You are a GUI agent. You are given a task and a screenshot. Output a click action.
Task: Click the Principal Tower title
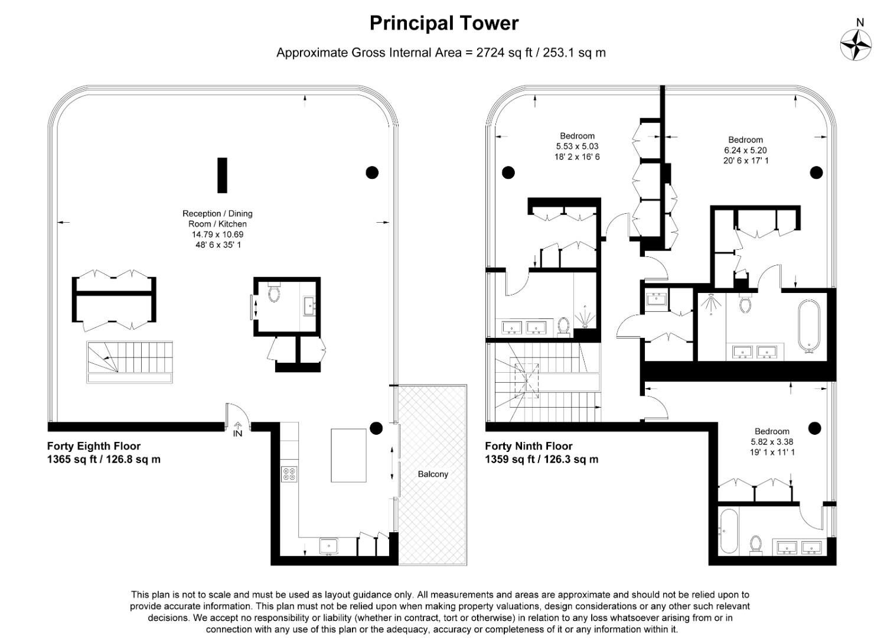pyautogui.click(x=443, y=23)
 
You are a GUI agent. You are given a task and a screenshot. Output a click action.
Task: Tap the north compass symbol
pyautogui.click(x=856, y=44)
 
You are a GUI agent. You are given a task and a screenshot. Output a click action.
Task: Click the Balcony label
pyautogui.click(x=433, y=474)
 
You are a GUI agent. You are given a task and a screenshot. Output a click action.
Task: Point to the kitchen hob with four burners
pyautogui.click(x=290, y=474)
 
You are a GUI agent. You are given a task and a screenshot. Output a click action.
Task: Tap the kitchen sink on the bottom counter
pyautogui.click(x=329, y=545)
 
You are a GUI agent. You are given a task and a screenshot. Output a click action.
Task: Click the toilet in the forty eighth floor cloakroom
pyautogui.click(x=273, y=293)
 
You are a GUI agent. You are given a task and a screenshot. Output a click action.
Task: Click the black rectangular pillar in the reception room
pyautogui.click(x=222, y=175)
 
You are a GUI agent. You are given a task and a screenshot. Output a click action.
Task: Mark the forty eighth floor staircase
pyautogui.click(x=130, y=362)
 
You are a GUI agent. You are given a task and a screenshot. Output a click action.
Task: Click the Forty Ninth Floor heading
pyautogui.click(x=529, y=446)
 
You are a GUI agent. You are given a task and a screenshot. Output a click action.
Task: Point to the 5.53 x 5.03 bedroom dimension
pyautogui.click(x=577, y=147)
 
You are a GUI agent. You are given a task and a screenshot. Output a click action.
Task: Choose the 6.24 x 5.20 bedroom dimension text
pyautogui.click(x=745, y=150)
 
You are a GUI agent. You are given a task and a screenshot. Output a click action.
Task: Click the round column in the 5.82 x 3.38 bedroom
pyautogui.click(x=815, y=428)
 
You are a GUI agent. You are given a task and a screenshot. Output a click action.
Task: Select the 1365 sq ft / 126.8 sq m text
pyautogui.click(x=103, y=459)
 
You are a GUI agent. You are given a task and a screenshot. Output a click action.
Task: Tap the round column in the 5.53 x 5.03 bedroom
pyautogui.click(x=508, y=172)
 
